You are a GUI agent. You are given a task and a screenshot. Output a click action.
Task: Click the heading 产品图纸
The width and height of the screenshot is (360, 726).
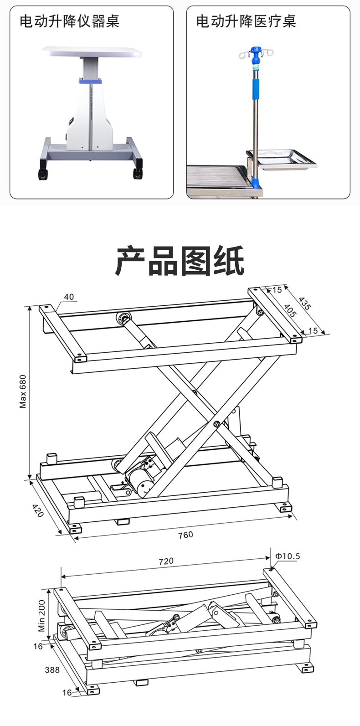point(180,261)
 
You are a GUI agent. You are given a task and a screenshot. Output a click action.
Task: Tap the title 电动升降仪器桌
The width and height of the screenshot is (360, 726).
point(69,21)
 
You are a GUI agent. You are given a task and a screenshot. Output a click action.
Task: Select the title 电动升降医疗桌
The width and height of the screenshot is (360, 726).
point(246,21)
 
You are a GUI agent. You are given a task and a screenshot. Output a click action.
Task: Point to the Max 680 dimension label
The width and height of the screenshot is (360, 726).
point(23,391)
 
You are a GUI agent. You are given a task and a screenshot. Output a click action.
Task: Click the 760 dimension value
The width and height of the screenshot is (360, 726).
point(185,535)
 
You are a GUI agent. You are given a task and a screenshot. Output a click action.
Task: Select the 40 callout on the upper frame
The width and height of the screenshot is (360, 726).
point(69,297)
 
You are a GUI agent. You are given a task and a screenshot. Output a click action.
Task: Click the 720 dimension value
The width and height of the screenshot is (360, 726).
point(166,561)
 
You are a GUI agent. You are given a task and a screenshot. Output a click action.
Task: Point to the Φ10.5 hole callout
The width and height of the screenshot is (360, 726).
point(288,556)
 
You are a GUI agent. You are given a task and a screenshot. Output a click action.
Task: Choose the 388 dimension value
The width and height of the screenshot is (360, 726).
point(52,669)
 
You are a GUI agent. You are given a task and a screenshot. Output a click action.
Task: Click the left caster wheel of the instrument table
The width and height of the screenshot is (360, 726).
point(42,174)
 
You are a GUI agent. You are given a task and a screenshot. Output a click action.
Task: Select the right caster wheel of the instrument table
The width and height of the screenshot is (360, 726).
point(137,173)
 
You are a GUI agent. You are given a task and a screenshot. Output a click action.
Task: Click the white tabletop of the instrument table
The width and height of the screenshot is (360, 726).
point(92,51)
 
